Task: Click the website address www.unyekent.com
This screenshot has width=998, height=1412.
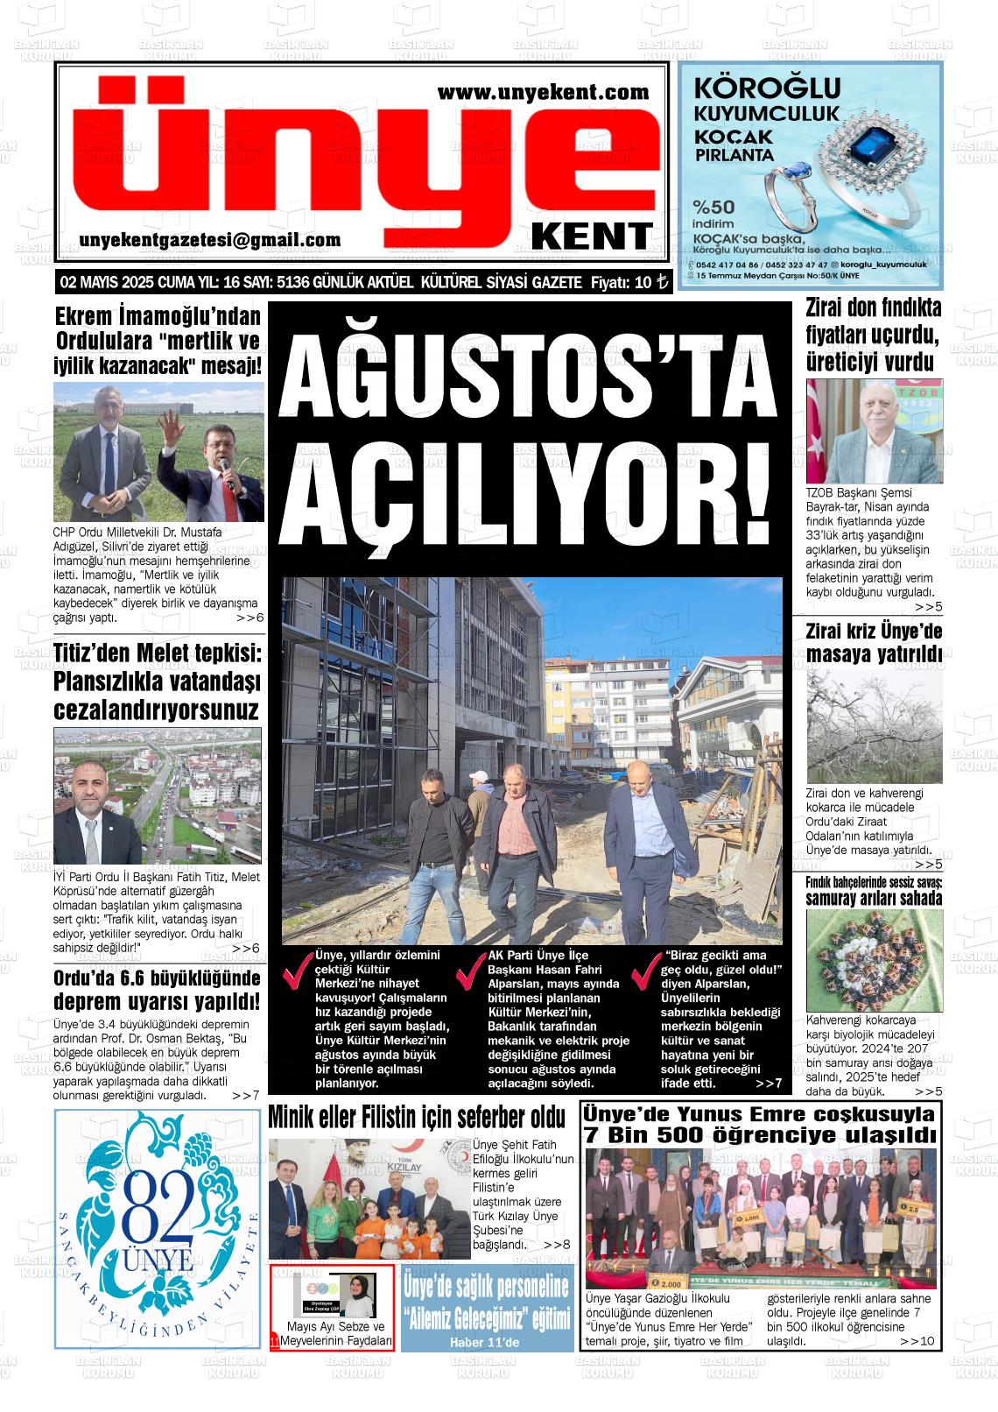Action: tap(543, 91)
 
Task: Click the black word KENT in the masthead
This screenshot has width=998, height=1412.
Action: tap(592, 236)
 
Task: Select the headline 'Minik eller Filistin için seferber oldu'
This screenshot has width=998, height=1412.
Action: tap(417, 1119)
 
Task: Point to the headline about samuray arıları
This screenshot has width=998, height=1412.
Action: tap(874, 890)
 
